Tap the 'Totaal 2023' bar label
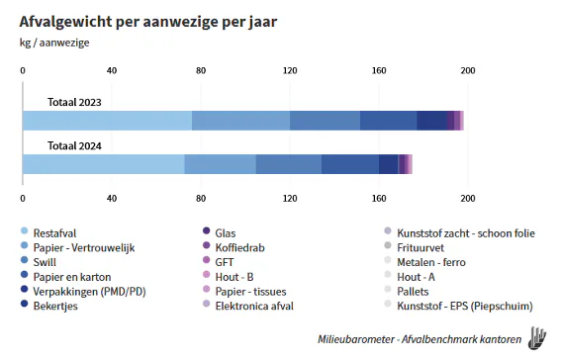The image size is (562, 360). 74,102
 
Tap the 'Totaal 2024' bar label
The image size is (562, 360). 74,145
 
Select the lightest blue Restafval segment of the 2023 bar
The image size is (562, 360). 107,121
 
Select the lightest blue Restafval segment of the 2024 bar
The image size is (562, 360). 103,164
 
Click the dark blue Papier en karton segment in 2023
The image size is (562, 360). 388,121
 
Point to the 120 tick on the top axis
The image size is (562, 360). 290,70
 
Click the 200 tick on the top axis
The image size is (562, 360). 468,70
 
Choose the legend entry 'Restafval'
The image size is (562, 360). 56,231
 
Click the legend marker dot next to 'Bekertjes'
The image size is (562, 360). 24,306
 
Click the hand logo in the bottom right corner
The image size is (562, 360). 537,336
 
